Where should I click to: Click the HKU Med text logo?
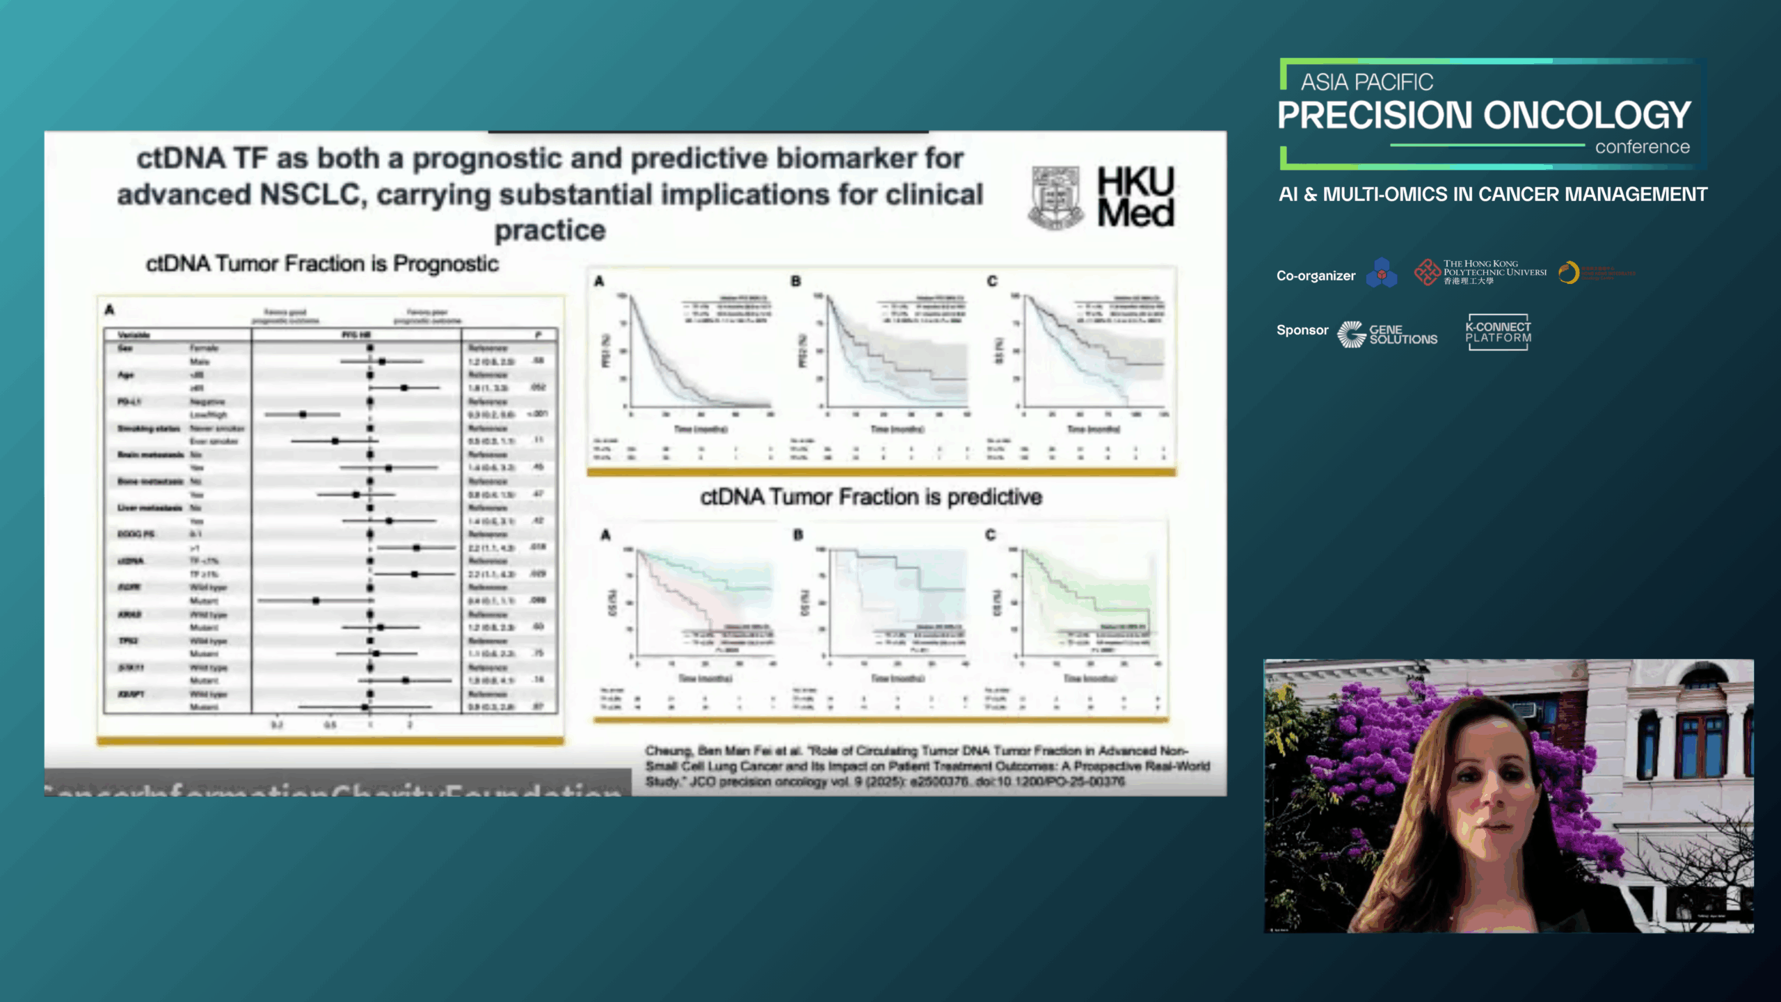(x=1135, y=197)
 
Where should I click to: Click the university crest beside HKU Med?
(x=1055, y=198)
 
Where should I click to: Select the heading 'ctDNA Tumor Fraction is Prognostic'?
(x=322, y=264)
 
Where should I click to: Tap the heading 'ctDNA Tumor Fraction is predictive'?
(x=871, y=497)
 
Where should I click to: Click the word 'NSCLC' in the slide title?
(x=311, y=195)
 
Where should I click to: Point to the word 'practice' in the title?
(x=550, y=230)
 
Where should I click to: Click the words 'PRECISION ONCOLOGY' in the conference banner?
(x=1484, y=116)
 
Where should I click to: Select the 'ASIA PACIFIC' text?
(x=1366, y=82)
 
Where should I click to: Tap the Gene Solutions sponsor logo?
(x=1387, y=335)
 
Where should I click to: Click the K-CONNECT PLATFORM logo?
(x=1498, y=333)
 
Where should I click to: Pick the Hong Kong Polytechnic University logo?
(x=1480, y=272)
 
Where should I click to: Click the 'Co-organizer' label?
(x=1316, y=276)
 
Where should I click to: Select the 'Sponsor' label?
(x=1302, y=330)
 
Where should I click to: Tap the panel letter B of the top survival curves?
(x=796, y=281)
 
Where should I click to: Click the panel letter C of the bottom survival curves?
(x=991, y=534)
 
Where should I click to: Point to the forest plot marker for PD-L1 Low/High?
(x=303, y=414)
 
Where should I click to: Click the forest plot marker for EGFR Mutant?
(x=316, y=600)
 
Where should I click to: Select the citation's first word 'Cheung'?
(x=669, y=751)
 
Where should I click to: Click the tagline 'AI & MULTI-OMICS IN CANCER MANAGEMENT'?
(x=1492, y=194)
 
